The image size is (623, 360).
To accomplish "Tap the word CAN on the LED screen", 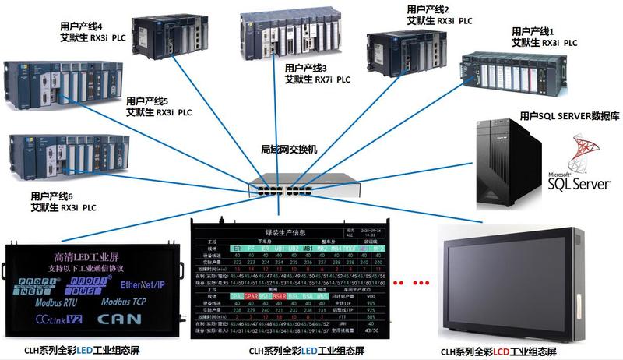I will [121, 318].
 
